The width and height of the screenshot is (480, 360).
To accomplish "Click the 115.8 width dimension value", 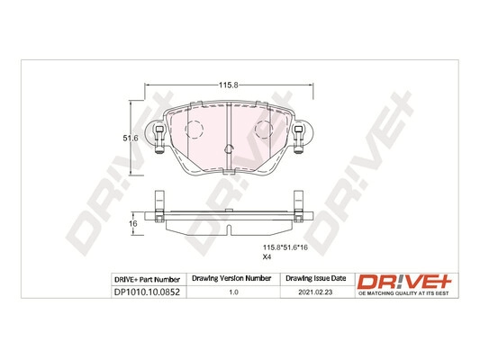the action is pyautogui.click(x=228, y=85).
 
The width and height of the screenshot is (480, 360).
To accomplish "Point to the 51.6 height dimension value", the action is pyautogui.click(x=131, y=139).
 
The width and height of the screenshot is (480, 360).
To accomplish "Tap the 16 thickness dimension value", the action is pyautogui.click(x=133, y=223).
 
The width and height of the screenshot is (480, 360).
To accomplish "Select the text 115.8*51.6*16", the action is pyautogui.click(x=285, y=247).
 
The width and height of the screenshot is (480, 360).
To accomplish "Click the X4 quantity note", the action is pyautogui.click(x=267, y=257).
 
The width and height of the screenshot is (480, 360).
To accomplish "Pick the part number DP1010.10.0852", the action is pyautogui.click(x=147, y=292).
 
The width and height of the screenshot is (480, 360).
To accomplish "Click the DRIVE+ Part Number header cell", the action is pyautogui.click(x=147, y=280).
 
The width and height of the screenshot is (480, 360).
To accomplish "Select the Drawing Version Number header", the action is pyautogui.click(x=231, y=278).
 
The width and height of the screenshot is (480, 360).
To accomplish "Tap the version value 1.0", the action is pyautogui.click(x=233, y=292).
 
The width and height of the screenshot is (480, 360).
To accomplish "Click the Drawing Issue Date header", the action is pyautogui.click(x=315, y=278).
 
